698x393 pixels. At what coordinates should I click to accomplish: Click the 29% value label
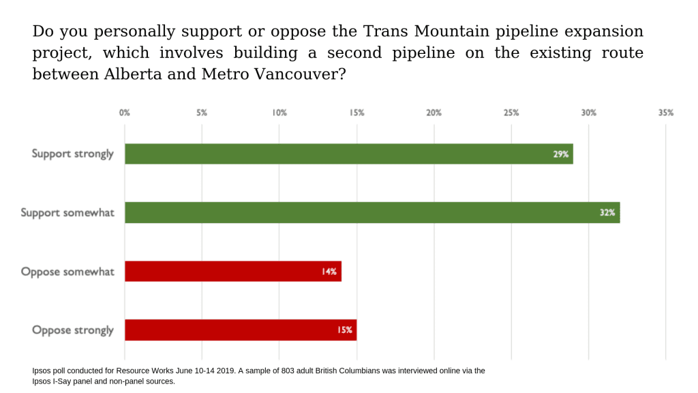(560, 154)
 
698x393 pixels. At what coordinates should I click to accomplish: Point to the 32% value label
(607, 213)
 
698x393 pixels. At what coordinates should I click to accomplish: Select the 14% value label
(329, 272)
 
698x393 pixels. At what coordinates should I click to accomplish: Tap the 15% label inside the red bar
(344, 330)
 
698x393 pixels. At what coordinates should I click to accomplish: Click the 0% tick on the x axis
(124, 113)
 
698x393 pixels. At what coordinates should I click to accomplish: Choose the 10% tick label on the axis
(279, 113)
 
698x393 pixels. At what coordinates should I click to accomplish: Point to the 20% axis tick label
(434, 113)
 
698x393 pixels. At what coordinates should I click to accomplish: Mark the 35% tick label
(665, 113)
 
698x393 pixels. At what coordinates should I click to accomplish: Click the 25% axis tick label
(511, 113)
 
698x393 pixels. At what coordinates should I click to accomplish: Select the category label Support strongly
(72, 154)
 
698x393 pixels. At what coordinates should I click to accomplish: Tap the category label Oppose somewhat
(67, 272)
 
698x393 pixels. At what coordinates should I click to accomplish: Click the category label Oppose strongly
(73, 330)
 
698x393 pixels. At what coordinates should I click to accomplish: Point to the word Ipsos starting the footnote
(43, 371)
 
